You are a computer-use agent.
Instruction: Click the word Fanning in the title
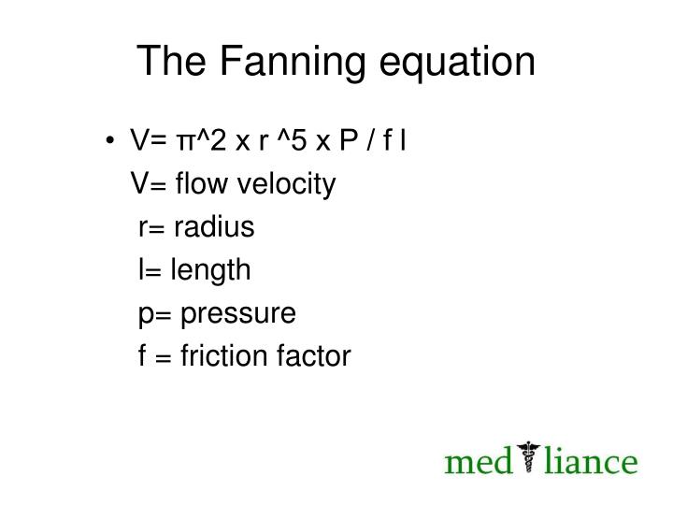(292, 63)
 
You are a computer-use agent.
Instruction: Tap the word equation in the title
(457, 63)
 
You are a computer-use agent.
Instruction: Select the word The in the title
(171, 61)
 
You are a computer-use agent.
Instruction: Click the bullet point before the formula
(110, 140)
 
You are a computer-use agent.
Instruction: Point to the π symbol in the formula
(185, 142)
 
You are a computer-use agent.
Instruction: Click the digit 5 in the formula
(298, 139)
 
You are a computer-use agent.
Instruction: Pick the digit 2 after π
(218, 139)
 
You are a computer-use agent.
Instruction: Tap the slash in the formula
(370, 139)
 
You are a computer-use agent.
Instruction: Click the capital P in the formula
(349, 139)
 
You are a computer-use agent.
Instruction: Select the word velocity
(286, 184)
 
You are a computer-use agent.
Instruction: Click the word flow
(201, 182)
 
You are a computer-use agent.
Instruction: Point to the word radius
(214, 226)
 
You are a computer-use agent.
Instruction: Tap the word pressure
(238, 314)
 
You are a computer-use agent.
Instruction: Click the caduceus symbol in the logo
(528, 456)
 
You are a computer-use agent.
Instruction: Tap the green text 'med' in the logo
(479, 461)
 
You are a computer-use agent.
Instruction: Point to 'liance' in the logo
(591, 461)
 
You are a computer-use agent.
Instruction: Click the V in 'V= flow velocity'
(139, 182)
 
